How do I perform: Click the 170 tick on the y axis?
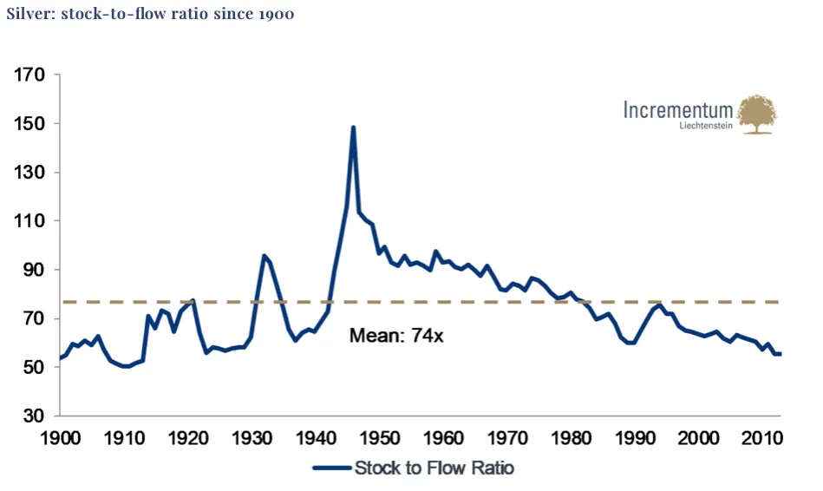tap(29, 75)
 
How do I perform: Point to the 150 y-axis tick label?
tap(29, 124)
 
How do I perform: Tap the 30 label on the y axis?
tap(34, 416)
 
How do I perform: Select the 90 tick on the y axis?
tap(34, 270)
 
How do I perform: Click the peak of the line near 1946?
tap(354, 128)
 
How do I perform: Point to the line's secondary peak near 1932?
tap(264, 255)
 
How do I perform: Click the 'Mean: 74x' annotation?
tap(396, 335)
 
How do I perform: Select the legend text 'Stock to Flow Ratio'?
tap(434, 468)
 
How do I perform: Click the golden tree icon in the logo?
tap(757, 114)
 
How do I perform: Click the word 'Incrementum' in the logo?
tap(678, 110)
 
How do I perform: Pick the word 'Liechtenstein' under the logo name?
tap(707, 127)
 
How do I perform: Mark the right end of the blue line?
tap(781, 354)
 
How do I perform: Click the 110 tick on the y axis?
tap(29, 221)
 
